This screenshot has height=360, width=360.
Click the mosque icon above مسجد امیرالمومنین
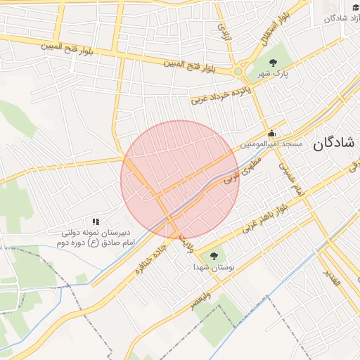[271, 134]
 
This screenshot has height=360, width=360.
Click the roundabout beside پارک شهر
[239, 71]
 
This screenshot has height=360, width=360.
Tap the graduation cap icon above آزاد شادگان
[354, 6]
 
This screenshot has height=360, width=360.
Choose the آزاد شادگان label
[340, 18]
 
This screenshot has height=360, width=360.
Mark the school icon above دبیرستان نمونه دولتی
[96, 222]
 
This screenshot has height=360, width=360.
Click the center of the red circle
[179, 179]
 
